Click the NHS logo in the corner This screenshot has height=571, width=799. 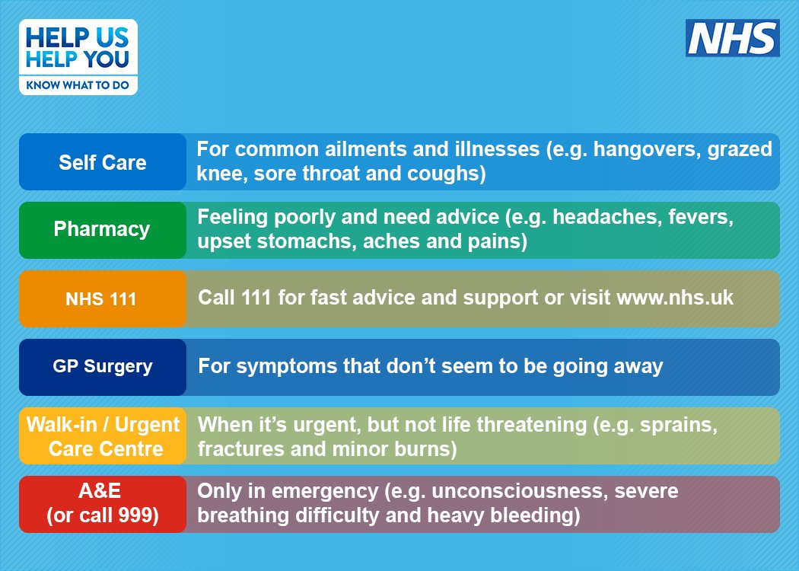point(732,38)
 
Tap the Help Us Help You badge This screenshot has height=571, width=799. point(78,57)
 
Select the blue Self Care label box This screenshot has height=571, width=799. point(103,162)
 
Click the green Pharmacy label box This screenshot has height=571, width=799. point(103,230)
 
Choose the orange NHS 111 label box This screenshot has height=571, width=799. point(103,298)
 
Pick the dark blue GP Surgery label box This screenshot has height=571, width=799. point(103,367)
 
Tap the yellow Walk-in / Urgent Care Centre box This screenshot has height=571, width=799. point(103,436)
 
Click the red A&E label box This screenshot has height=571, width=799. point(103,504)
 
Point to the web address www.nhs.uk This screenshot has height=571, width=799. point(675,297)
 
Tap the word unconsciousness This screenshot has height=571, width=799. point(518,492)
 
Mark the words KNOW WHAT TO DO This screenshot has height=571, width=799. point(78,85)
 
